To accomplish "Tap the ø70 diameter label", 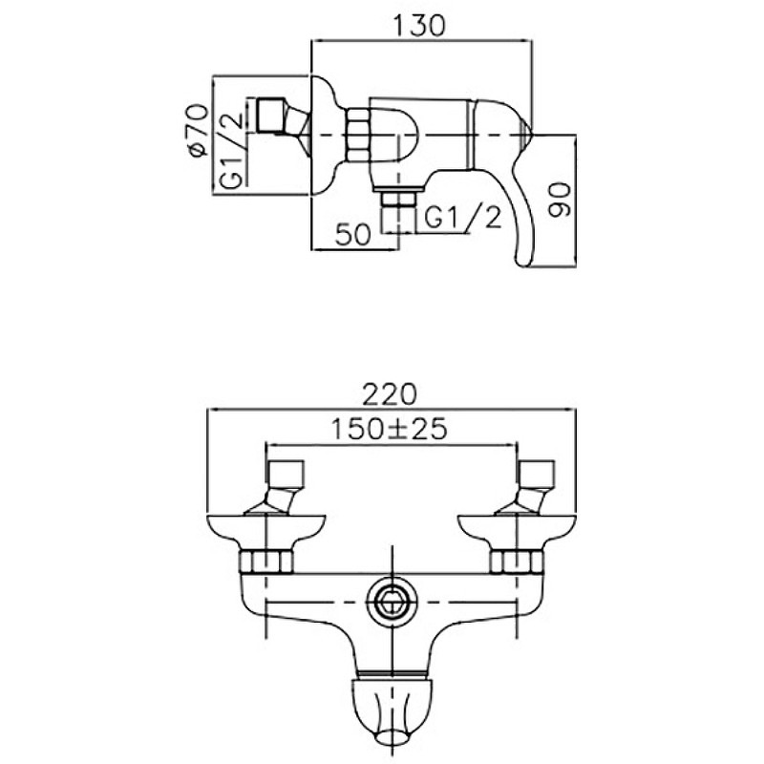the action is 200,130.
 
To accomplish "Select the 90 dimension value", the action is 559,200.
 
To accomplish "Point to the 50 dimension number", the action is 352,235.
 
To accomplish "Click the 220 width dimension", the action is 390,394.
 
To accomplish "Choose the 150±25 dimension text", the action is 389,429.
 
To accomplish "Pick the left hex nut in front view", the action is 267,561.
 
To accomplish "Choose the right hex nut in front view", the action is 516,561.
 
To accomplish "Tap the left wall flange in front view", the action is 266,531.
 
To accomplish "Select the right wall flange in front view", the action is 517,531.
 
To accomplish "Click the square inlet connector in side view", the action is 269,116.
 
